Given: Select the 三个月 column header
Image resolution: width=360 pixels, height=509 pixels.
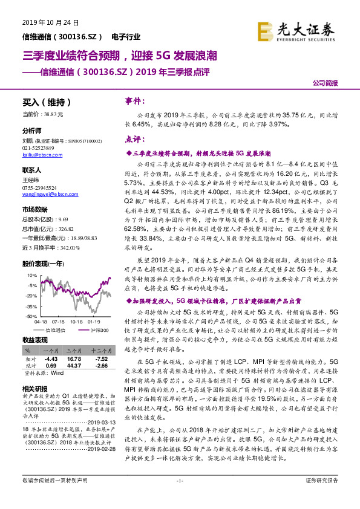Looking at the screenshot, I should pyautogui.click(x=74, y=351).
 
